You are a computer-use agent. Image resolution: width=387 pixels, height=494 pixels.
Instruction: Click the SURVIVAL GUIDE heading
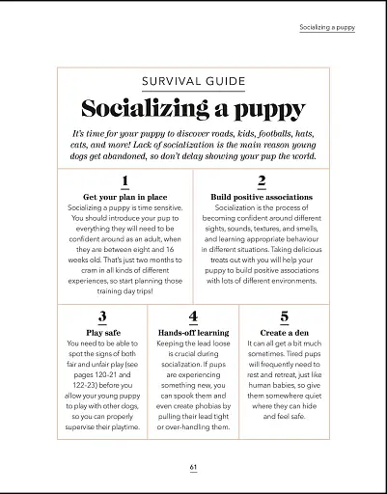(193, 82)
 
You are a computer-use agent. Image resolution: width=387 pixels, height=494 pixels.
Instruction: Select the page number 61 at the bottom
(193, 467)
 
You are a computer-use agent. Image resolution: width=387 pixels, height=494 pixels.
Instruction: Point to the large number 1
(124, 180)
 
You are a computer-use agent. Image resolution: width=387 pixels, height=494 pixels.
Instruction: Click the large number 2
(262, 180)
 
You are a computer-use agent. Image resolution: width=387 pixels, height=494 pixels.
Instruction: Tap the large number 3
(102, 316)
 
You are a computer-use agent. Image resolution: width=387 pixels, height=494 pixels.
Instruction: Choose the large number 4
(193, 316)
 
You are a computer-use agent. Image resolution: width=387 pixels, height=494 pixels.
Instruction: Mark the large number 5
(284, 316)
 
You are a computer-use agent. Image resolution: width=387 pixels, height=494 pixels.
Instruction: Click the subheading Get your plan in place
(124, 197)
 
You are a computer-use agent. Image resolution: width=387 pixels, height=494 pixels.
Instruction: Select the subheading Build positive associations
(262, 197)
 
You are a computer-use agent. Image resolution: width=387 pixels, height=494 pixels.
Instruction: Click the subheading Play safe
(102, 332)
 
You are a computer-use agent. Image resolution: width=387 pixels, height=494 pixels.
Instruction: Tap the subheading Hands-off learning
(193, 332)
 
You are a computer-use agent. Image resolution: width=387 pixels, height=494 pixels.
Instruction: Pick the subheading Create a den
(284, 332)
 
